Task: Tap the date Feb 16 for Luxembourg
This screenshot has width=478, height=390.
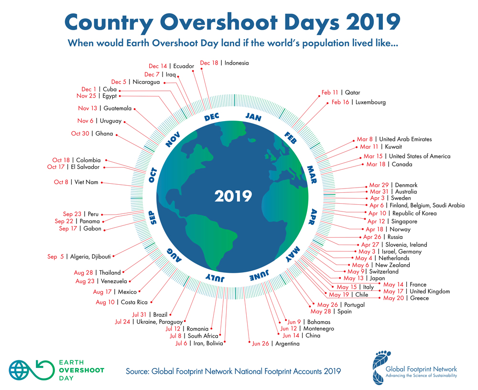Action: click(x=341, y=102)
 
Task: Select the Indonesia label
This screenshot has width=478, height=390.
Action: click(x=236, y=63)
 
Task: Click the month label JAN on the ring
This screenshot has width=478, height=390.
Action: click(x=253, y=116)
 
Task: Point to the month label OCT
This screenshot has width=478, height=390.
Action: click(x=152, y=175)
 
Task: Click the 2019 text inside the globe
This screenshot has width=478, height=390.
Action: click(x=233, y=196)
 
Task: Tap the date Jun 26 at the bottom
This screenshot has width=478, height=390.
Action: click(x=261, y=344)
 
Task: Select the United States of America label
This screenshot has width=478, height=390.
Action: click(x=419, y=156)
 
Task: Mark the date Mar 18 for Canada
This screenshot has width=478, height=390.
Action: click(x=376, y=165)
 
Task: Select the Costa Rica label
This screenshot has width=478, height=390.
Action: click(x=134, y=302)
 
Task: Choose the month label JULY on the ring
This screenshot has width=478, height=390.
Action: click(x=215, y=277)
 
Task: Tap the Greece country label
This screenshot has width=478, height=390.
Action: click(x=419, y=298)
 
